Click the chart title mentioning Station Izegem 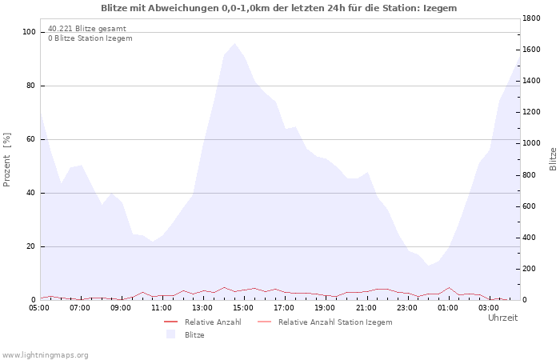click(279, 8)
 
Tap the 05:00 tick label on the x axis click(39, 306)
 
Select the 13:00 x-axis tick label click(202, 306)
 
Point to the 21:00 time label click(366, 306)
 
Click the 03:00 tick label click(488, 306)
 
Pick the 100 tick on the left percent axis click(30, 32)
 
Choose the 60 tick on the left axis click(31, 139)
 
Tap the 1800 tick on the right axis click(534, 18)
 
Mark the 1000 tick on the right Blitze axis click(534, 143)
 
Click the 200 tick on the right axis click(530, 269)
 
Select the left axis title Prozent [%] click(7, 160)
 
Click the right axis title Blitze click(553, 158)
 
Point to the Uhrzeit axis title click(502, 318)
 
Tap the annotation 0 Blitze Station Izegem click(90, 38)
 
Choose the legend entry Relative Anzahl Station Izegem click(335, 322)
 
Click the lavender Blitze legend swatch click(170, 334)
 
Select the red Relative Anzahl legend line click(170, 322)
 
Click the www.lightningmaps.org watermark click(45, 354)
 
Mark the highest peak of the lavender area click(234, 44)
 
